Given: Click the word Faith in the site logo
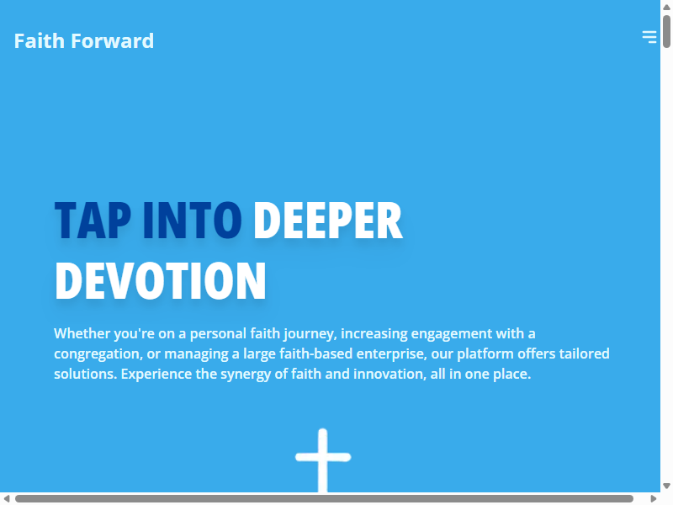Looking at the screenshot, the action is click(x=39, y=40).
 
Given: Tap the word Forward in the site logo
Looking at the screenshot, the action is click(x=113, y=40).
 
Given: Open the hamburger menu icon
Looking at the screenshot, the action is click(x=649, y=36).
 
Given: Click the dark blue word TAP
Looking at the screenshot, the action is click(x=93, y=221).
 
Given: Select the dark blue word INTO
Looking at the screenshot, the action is click(x=193, y=221).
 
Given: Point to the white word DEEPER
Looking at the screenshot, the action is click(x=328, y=221).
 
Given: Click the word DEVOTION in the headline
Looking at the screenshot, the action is click(x=161, y=281).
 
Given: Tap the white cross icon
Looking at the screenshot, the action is click(x=323, y=460).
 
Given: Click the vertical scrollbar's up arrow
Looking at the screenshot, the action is click(x=666, y=7).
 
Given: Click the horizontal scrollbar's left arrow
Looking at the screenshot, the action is click(x=7, y=498).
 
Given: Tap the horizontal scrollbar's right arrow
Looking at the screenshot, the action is click(x=654, y=498).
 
